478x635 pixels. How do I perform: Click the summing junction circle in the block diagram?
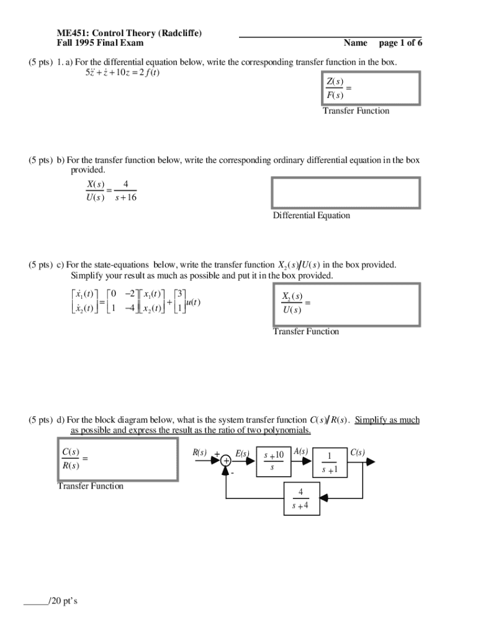(x=225, y=461)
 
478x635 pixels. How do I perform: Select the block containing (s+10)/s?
(x=273, y=461)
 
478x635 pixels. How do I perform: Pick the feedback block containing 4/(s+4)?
(x=300, y=499)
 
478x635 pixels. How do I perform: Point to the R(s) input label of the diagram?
(x=199, y=453)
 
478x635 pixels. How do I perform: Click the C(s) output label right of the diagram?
(x=358, y=453)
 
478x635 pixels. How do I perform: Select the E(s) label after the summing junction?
(x=243, y=454)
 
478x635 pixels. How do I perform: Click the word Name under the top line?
(x=356, y=43)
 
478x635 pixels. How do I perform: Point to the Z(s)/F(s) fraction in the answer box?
(x=335, y=89)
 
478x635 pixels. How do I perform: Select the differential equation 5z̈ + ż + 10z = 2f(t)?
(x=122, y=73)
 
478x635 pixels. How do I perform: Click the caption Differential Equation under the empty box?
(x=311, y=216)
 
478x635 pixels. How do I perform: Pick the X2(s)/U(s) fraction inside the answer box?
(x=292, y=303)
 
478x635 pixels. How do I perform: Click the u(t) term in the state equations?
(x=192, y=302)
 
